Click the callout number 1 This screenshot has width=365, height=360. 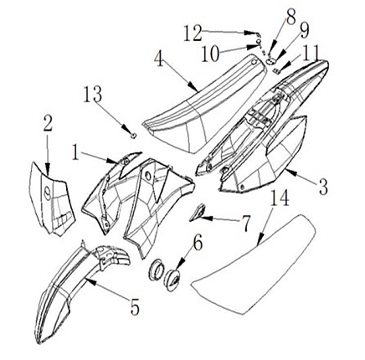click(75, 152)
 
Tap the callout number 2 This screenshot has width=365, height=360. click(48, 124)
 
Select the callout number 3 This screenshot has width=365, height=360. click(322, 187)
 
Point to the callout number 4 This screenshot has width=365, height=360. click(159, 59)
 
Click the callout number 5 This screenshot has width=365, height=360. click(135, 307)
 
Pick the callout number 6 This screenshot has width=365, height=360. click(198, 243)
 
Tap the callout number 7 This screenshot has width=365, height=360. click(246, 224)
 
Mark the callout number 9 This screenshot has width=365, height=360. click(304, 30)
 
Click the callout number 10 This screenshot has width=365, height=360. click(210, 54)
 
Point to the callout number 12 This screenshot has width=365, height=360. click(193, 33)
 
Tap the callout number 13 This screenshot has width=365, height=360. click(93, 94)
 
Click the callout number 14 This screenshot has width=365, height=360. click(280, 198)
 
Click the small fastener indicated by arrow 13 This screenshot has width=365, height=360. click(134, 136)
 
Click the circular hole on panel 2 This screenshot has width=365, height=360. click(47, 193)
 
